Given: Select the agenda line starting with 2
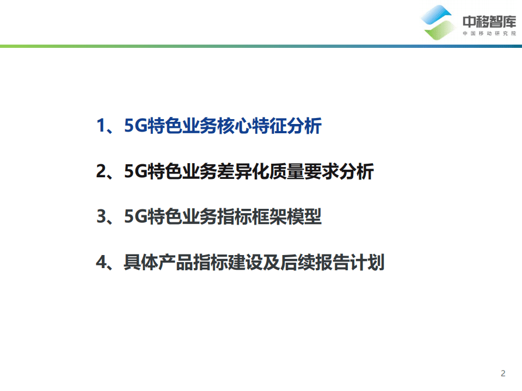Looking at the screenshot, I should pyautogui.click(x=235, y=172).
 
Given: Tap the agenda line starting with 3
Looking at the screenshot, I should pyautogui.click(x=208, y=218).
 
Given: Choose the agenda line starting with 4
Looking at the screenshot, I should pyautogui.click(x=240, y=263).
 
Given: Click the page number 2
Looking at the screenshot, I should pyautogui.click(x=503, y=374).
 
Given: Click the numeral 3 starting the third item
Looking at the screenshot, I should pyautogui.click(x=101, y=218).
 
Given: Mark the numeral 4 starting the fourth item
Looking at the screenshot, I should pyautogui.click(x=101, y=263).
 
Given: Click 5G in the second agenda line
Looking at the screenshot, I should pyautogui.click(x=133, y=172).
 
